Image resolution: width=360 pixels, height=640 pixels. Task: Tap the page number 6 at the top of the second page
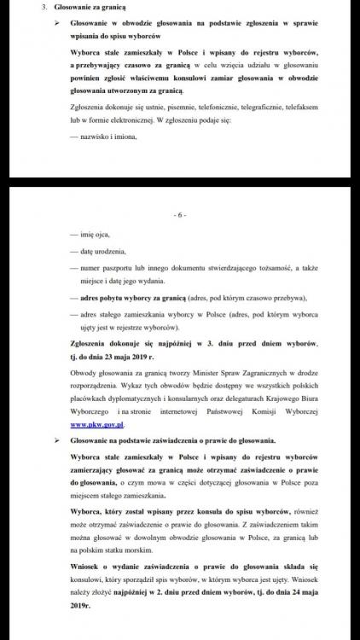(179, 216)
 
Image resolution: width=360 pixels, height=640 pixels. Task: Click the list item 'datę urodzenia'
(102, 251)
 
